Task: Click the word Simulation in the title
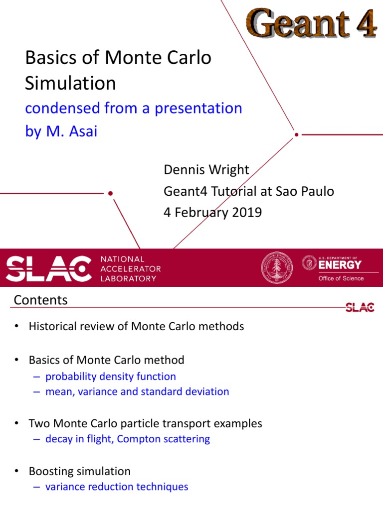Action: [70, 83]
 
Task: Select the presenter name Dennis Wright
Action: [206, 170]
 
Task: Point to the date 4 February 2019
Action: [213, 212]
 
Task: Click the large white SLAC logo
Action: [49, 268]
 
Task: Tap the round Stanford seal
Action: [277, 268]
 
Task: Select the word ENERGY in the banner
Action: [340, 264]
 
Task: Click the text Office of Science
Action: [341, 278]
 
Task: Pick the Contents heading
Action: [40, 300]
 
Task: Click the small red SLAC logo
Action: [360, 307]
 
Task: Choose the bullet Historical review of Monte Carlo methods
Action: [136, 327]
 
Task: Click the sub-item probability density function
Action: [110, 377]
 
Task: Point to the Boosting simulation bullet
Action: [79, 471]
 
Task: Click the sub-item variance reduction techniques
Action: [116, 487]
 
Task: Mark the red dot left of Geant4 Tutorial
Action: [110, 193]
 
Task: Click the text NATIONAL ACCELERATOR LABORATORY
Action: [131, 268]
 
